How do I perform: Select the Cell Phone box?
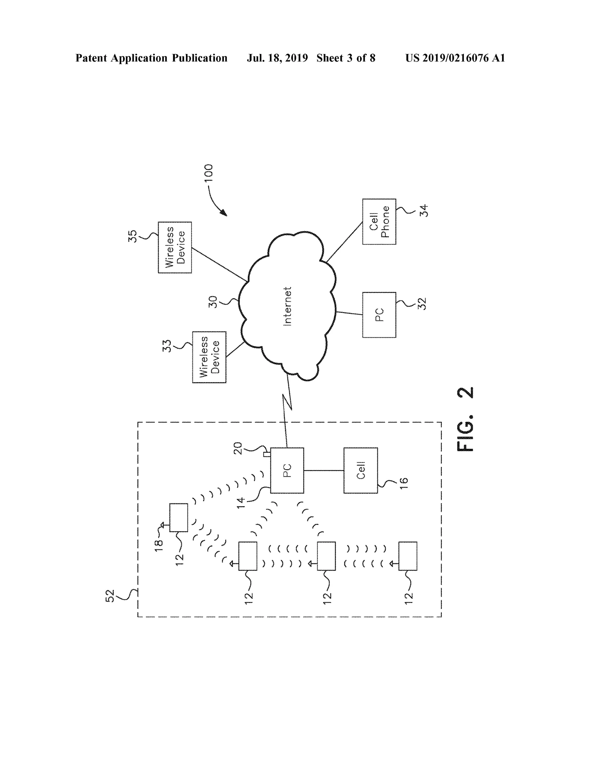[x=379, y=221]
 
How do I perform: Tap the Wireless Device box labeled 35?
[x=175, y=247]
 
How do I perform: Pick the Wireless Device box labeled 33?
[x=209, y=357]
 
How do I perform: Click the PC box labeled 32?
[x=379, y=315]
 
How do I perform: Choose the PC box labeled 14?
[x=287, y=470]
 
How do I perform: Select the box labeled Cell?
[x=361, y=470]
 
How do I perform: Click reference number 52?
[x=110, y=596]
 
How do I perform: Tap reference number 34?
[x=424, y=211]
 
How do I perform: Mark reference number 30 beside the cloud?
[x=213, y=302]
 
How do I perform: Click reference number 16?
[x=403, y=483]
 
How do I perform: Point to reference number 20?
[x=237, y=448]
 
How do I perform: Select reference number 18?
[x=158, y=546]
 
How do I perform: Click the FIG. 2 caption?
[x=465, y=419]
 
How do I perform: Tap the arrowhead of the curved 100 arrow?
[x=224, y=212]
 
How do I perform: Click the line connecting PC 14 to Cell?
[x=324, y=471]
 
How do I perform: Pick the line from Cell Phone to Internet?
[x=344, y=242]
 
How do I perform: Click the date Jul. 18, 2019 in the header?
[x=277, y=58]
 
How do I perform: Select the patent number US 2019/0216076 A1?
[x=455, y=58]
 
